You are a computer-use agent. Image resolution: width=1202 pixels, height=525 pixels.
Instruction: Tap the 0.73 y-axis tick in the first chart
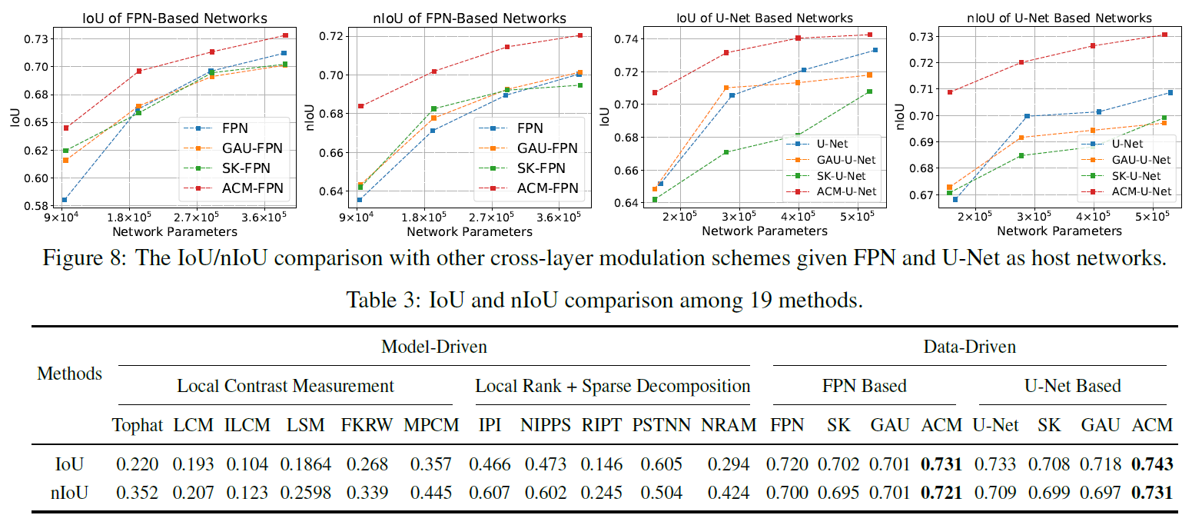coord(36,38)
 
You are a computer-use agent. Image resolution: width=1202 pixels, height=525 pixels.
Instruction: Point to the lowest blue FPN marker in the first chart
coord(65,200)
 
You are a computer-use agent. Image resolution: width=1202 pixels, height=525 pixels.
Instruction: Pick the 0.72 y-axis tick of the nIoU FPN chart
coord(330,36)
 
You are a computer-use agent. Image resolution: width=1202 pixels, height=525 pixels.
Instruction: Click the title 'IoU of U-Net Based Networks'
coord(764,17)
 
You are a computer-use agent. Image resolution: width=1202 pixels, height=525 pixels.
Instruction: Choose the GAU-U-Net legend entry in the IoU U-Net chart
coord(844,160)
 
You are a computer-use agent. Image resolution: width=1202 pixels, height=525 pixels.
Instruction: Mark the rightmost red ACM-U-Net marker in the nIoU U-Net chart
coord(1164,35)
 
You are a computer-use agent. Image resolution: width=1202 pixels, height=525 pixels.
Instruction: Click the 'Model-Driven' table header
coord(433,347)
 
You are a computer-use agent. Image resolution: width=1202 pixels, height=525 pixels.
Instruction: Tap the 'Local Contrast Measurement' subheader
coord(285,386)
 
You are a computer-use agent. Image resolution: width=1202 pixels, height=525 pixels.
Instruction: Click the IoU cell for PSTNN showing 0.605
coord(662,464)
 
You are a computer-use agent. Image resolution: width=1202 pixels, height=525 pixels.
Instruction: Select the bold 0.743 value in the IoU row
coord(1152,464)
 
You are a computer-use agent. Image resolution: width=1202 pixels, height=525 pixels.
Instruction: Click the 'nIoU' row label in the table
coord(68,492)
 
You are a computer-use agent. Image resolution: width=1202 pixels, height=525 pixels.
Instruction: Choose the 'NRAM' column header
coord(729,425)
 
